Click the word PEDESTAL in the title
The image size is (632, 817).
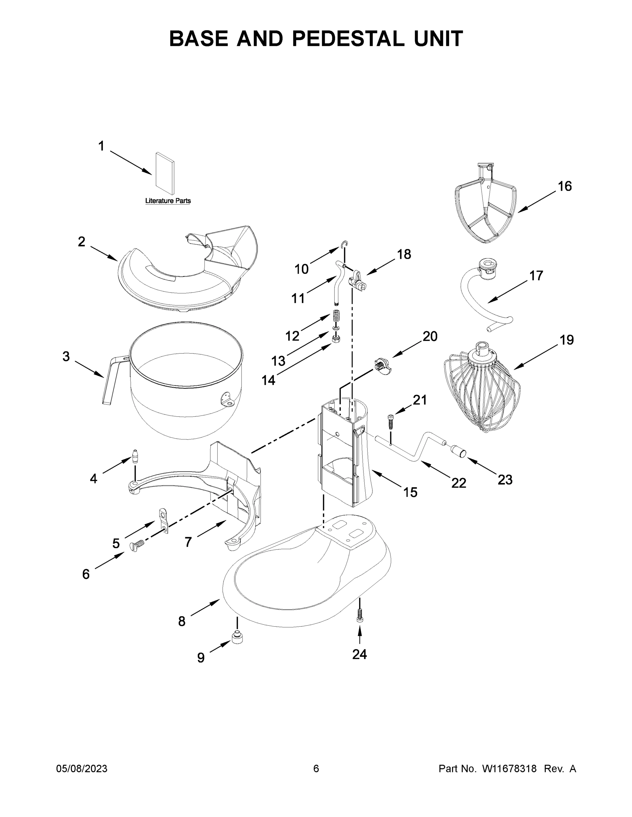348,39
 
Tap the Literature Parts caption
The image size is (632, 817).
168,201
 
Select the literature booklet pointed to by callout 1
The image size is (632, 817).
165,174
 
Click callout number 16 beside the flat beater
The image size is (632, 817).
565,186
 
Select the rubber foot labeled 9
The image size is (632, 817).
237,637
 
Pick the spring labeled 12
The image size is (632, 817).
337,318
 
